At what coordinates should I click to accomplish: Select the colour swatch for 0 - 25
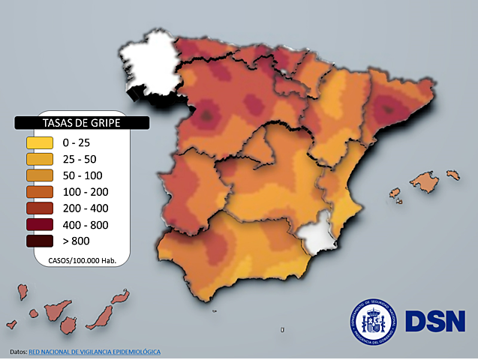[39, 142]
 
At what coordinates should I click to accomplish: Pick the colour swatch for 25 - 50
[39, 159]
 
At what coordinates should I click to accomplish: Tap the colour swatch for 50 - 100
[39, 175]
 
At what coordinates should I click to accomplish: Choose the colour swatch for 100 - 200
[39, 191]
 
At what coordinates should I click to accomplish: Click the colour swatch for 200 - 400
[39, 208]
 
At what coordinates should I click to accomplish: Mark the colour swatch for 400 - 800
[39, 224]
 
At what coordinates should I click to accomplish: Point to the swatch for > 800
[39, 241]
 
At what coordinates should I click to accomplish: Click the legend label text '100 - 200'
[80, 191]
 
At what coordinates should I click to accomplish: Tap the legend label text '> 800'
[77, 241]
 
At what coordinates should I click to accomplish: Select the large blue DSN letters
[435, 321]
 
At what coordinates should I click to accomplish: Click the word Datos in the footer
[19, 352]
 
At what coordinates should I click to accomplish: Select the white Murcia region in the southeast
[315, 238]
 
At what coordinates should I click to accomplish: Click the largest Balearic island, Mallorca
[424, 181]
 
